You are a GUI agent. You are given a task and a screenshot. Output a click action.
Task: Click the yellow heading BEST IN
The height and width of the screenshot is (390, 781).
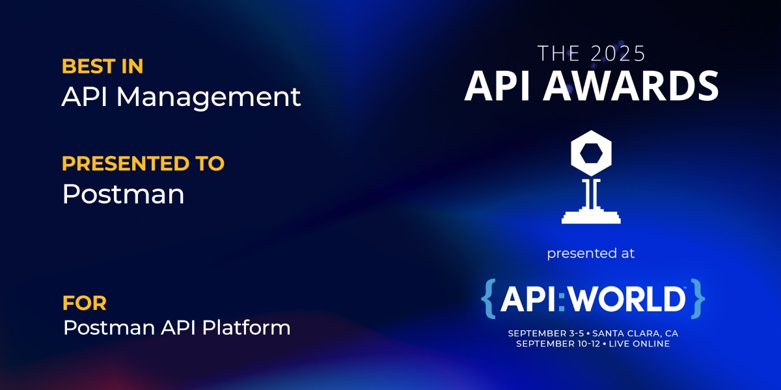(x=103, y=66)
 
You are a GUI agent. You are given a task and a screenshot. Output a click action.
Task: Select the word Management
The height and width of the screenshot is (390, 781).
(x=208, y=98)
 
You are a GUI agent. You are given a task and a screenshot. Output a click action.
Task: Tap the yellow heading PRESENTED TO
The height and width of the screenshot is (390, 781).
(x=143, y=163)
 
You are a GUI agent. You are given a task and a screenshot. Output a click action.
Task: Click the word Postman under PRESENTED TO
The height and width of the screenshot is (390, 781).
(x=124, y=194)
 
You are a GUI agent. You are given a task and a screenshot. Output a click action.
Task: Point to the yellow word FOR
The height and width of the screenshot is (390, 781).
(x=85, y=303)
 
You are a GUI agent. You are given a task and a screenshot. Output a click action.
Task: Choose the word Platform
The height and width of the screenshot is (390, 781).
(x=246, y=328)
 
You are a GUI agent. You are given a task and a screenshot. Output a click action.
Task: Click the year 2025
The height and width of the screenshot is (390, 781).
(x=618, y=53)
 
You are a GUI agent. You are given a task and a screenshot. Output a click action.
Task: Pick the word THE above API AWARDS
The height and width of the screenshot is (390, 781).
(x=559, y=53)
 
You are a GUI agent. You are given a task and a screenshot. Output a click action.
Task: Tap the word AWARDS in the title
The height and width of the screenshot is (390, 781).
(x=631, y=86)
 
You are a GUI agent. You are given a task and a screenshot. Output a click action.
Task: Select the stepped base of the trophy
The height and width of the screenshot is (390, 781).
(x=591, y=216)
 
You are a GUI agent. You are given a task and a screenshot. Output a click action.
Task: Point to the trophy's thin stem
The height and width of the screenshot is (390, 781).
(x=591, y=193)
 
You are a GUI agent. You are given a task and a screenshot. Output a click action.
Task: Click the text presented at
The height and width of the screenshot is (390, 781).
(x=591, y=253)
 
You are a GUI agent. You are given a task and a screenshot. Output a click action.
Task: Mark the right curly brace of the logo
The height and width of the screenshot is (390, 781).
(x=698, y=298)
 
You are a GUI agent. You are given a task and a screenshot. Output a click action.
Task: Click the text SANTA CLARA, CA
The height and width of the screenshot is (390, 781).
(x=635, y=333)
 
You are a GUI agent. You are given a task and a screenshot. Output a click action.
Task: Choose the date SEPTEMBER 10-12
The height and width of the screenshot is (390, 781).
(x=558, y=344)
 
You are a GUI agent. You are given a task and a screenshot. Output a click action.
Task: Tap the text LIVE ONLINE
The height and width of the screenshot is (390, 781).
(x=639, y=344)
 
